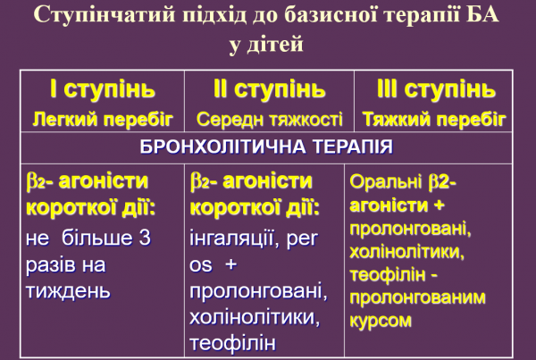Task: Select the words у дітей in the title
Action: click(267, 46)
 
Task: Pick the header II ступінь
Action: click(269, 89)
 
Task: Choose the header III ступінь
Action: click(436, 89)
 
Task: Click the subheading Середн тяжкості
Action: click(269, 118)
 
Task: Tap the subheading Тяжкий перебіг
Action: click(436, 118)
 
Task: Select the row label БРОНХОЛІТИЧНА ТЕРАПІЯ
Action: click(268, 146)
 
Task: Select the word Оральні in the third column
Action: click(388, 181)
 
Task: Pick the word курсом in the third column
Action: click(381, 320)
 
